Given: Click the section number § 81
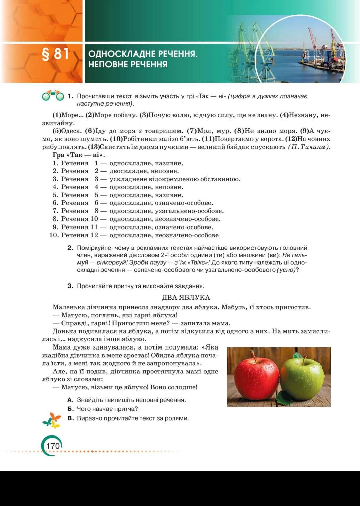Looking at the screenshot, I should click(55, 54).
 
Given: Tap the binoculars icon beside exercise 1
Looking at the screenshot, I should click(53, 96).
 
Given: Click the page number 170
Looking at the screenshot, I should click(53, 446).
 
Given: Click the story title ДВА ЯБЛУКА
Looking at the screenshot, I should click(186, 297).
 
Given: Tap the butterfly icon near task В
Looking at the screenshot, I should click(52, 420).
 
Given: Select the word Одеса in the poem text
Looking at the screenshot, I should click(71, 131).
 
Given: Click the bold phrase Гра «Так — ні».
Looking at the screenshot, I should click(79, 155).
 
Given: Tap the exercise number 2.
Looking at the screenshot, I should click(70, 248).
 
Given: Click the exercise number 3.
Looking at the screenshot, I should click(70, 286).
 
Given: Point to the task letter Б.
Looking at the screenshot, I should click(70, 409).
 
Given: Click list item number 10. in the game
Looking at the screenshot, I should click(54, 235).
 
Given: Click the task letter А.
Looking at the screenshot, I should click(70, 400).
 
